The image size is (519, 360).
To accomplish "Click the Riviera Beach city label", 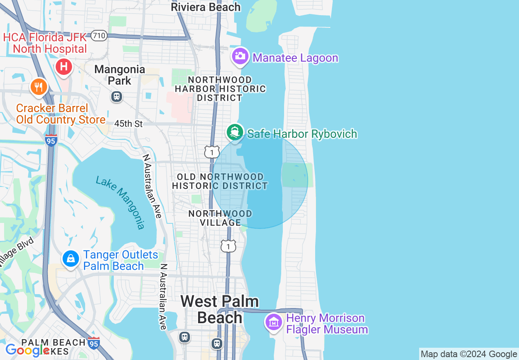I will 205,7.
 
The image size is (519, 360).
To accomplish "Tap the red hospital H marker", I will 64,66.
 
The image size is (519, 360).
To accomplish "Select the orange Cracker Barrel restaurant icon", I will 38,87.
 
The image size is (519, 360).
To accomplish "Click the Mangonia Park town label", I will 120,75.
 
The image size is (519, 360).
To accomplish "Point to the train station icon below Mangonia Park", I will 117,97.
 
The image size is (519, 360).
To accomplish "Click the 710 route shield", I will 99,36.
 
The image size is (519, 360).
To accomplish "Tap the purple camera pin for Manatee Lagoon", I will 240,56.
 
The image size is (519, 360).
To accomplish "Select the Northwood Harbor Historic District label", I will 220,88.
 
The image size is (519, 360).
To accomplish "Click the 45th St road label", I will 129,124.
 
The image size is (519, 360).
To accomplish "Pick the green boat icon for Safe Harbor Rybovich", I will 235,132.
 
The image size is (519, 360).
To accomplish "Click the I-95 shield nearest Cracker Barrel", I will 51,140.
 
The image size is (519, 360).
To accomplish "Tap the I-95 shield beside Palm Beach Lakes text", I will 94,343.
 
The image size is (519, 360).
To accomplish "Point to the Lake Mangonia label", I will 120,202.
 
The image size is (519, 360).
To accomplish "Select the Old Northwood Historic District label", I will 220,181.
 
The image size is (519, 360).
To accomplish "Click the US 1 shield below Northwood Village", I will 228,246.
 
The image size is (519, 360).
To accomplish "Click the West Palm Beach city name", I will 220,309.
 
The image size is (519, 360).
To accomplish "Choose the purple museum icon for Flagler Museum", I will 273,322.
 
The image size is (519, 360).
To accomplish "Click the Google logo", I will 27,350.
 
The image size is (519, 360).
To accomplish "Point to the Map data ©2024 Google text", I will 469,354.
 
